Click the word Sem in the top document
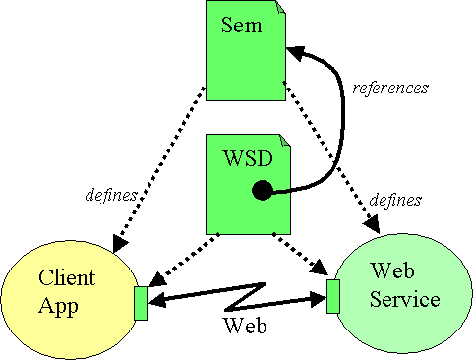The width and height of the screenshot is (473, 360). [242, 26]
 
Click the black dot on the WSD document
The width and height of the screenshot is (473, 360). [262, 191]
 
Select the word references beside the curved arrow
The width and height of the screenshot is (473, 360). [390, 88]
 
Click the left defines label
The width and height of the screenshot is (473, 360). [109, 195]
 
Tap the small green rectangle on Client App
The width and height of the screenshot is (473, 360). [141, 303]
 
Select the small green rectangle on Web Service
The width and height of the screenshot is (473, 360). [333, 296]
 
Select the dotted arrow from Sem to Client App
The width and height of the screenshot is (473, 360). [162, 167]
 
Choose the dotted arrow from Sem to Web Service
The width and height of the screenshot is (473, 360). [329, 157]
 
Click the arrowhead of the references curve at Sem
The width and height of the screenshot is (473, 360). [294, 52]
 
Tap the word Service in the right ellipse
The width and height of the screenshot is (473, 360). [404, 299]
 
